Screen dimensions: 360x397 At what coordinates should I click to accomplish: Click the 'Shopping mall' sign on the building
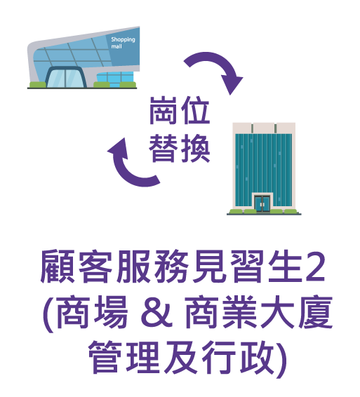123,43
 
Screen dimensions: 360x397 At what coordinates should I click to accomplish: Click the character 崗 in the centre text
164,110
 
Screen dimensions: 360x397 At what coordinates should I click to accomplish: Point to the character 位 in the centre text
195,110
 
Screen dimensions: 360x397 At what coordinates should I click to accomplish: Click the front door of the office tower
262,203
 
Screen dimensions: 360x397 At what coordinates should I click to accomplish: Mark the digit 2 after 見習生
315,267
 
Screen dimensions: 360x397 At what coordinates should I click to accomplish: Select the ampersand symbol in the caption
157,313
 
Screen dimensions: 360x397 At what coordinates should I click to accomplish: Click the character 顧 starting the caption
58,267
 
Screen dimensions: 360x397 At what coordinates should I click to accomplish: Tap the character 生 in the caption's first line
286,267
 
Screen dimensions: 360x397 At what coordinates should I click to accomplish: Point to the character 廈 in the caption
316,312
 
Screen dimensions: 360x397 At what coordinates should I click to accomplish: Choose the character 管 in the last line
105,357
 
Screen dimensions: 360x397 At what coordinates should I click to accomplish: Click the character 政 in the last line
258,357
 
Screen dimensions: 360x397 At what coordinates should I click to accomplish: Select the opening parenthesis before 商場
48,314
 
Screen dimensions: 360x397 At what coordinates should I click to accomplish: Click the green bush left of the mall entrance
37,85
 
